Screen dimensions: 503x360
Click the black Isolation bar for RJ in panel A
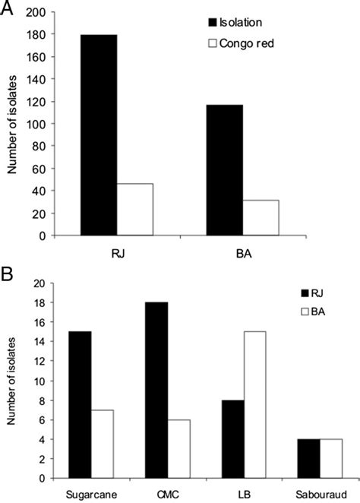[x=99, y=135]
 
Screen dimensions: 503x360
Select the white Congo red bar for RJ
[x=134, y=210]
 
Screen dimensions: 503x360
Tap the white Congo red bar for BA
[x=261, y=218]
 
